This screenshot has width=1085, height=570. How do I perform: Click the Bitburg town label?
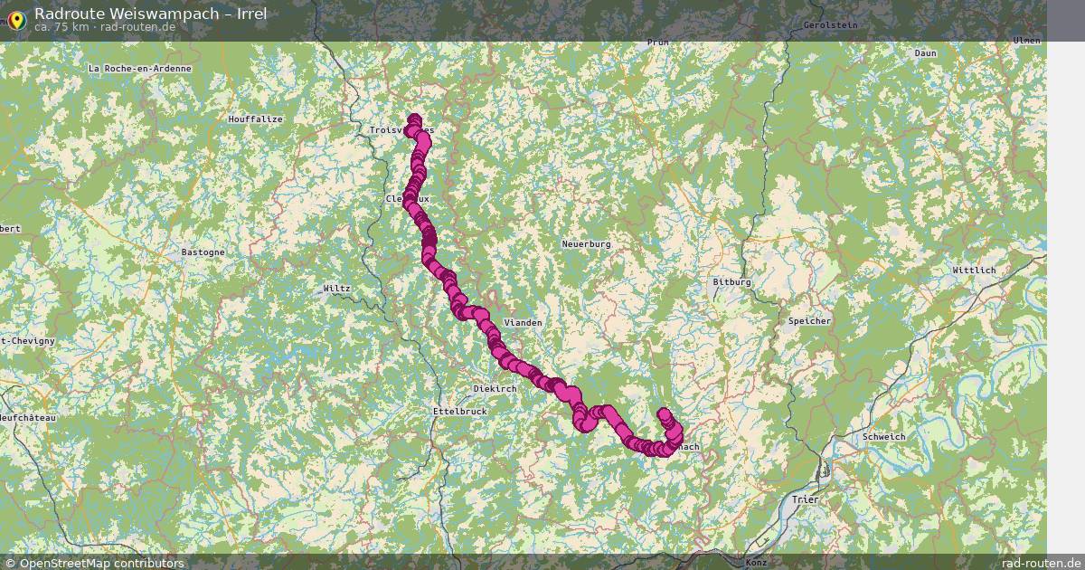732,282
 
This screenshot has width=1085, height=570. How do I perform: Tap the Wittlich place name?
974,271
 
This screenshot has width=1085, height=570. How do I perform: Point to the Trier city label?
804,499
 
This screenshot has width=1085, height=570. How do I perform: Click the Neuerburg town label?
587,244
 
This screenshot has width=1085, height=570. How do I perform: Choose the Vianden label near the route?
523,323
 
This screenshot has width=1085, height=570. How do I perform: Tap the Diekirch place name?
495,389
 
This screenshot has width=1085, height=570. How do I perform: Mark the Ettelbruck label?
459,411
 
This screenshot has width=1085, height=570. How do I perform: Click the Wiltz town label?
336,289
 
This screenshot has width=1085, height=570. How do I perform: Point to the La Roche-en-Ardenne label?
139,69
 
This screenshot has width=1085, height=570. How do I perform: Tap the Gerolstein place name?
830,25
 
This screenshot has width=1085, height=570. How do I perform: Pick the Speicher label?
809,321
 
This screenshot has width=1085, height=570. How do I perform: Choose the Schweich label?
884,437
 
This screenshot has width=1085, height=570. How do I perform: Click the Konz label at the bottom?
757,563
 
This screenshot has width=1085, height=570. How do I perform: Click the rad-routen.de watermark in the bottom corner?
1041,563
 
